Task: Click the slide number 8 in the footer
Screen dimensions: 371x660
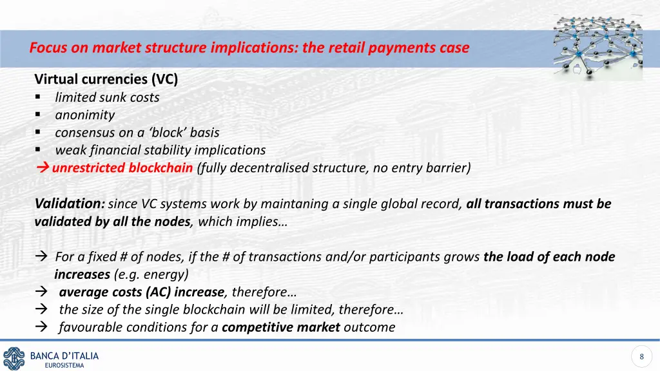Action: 641,357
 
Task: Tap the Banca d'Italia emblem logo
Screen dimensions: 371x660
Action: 14,358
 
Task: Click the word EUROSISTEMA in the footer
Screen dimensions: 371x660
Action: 64,365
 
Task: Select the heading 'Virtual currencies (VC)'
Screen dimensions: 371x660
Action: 106,80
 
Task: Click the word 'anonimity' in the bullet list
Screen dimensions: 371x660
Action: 84,115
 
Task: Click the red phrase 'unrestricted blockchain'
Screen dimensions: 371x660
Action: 122,168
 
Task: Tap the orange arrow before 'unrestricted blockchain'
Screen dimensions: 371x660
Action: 43,168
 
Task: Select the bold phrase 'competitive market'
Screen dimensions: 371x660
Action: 280,327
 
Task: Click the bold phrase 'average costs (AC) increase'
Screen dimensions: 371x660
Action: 142,292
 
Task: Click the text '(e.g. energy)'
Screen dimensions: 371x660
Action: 151,274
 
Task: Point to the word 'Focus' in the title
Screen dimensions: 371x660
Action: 48,48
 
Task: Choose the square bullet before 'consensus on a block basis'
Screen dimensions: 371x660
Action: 39,133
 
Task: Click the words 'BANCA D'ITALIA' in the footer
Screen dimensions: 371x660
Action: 64,356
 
